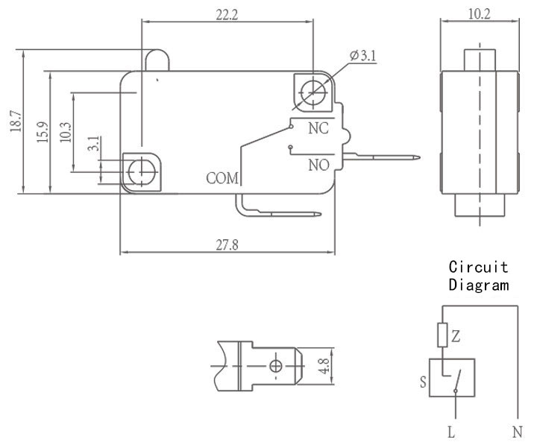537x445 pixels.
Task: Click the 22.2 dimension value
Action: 227,15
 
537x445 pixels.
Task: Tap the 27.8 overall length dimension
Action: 227,245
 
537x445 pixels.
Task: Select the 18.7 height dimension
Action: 16,121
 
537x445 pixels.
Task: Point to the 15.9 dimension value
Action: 43,132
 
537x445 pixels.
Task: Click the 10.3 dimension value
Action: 66,132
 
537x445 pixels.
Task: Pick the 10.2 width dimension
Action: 480,14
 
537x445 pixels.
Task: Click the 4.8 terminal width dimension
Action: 324,366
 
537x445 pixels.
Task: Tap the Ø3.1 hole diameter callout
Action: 363,55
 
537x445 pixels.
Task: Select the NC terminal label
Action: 318,128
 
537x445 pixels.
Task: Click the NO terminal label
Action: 319,165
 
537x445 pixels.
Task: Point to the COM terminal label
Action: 222,178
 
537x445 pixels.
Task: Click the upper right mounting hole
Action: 313,92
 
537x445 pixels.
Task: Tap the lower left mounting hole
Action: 141,172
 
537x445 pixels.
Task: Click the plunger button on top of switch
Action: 157,60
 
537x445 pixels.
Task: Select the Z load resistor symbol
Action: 442,335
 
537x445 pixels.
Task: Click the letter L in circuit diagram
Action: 451,432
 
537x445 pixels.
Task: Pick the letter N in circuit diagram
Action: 517,432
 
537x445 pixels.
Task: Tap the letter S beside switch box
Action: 424,382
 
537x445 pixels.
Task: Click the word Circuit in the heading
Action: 478,267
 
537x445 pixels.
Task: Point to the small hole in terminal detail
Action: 276,366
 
